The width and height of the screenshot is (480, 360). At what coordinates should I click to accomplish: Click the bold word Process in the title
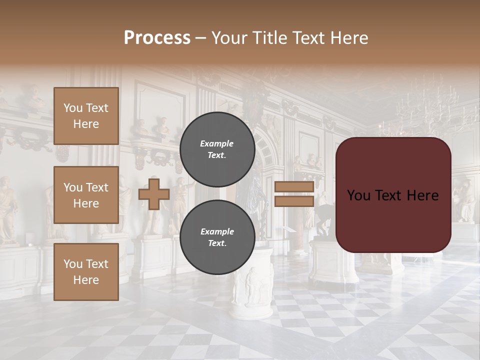click(x=157, y=38)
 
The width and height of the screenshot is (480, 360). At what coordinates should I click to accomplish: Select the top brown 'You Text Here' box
click(x=86, y=116)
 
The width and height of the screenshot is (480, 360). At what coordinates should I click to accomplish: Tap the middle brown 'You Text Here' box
click(x=86, y=195)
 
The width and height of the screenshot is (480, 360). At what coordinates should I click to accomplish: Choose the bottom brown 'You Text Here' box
click(x=86, y=272)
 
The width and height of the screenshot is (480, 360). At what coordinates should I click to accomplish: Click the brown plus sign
click(x=153, y=194)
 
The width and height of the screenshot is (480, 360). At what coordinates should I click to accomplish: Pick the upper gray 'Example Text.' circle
click(x=217, y=149)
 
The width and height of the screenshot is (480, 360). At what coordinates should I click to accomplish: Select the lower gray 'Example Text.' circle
click(x=217, y=237)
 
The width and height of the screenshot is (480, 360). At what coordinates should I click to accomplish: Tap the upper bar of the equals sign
click(x=294, y=187)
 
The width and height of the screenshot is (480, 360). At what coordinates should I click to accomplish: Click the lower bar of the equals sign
click(x=294, y=201)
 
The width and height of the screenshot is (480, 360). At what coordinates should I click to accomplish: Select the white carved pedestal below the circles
click(x=252, y=290)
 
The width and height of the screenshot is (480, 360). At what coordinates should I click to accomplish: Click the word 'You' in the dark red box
click(x=359, y=195)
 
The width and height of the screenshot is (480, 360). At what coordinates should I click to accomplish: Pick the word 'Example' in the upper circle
click(x=217, y=143)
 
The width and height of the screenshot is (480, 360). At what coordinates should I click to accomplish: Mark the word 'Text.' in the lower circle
click(x=217, y=243)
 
